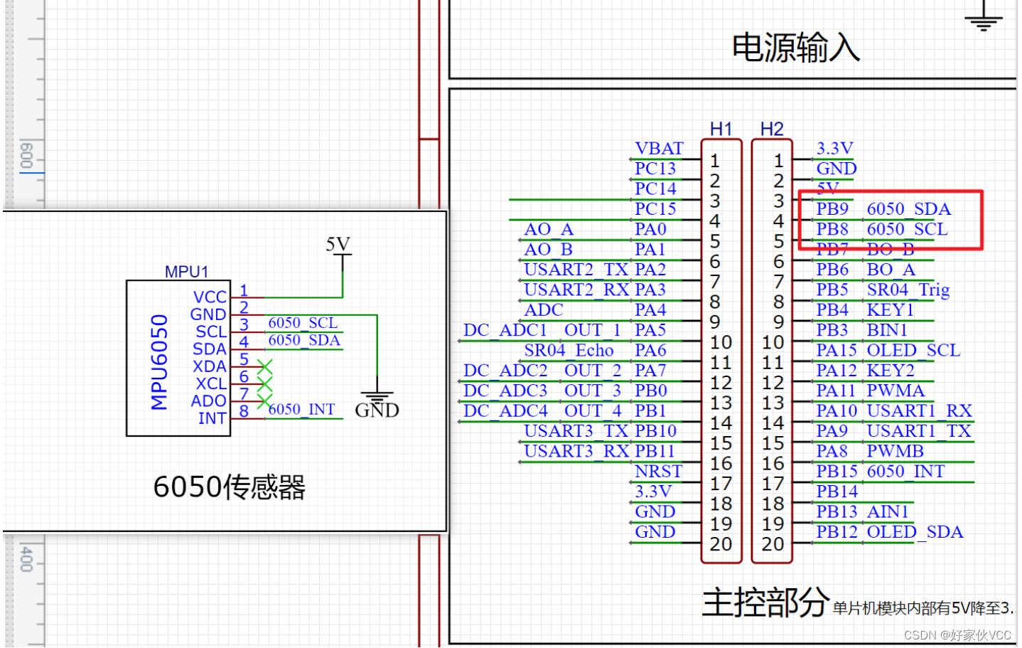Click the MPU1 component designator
click(x=186, y=272)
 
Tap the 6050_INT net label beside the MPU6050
click(x=301, y=410)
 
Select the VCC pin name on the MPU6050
click(x=210, y=297)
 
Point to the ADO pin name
click(x=208, y=401)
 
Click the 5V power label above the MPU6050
click(x=338, y=245)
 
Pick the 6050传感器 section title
click(x=229, y=487)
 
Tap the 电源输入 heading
click(x=795, y=48)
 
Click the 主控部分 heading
click(x=765, y=602)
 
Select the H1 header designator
click(x=721, y=129)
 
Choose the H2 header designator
click(x=772, y=129)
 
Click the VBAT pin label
click(x=659, y=149)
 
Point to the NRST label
click(x=658, y=472)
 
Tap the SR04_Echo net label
click(x=569, y=351)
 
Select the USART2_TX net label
click(x=576, y=270)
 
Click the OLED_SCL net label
click(x=913, y=351)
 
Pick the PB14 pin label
click(x=837, y=492)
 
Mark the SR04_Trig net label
click(x=908, y=290)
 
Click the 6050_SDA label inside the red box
click(x=908, y=209)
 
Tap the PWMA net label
click(x=895, y=391)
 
